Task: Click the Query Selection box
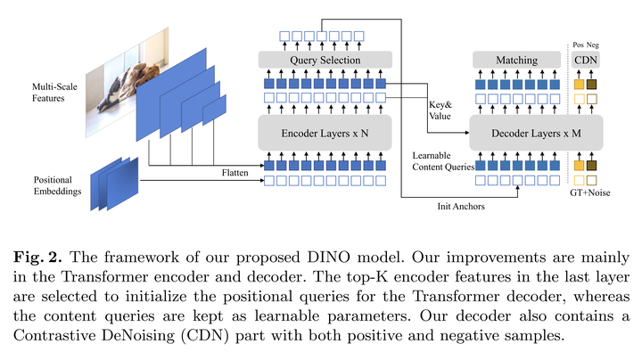click(x=325, y=60)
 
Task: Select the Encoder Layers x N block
click(x=325, y=133)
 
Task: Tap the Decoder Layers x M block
click(x=536, y=133)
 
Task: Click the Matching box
click(x=516, y=60)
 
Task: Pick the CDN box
click(x=586, y=60)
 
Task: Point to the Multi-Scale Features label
click(x=54, y=93)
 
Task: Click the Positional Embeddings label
click(x=57, y=185)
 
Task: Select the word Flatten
click(x=235, y=173)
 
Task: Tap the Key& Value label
click(x=440, y=110)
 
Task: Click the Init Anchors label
click(x=461, y=206)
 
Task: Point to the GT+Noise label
click(x=590, y=192)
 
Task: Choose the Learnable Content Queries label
click(x=443, y=161)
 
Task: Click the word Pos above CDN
click(x=578, y=45)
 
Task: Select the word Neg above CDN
click(x=592, y=45)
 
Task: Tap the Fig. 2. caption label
click(x=37, y=257)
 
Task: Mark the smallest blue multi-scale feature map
click(x=214, y=110)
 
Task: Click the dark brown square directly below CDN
click(x=591, y=85)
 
